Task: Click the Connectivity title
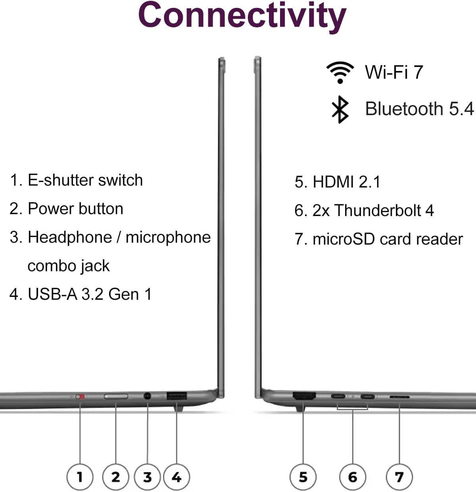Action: pyautogui.click(x=242, y=16)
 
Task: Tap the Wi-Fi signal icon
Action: pyautogui.click(x=340, y=73)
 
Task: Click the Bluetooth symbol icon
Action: pyautogui.click(x=340, y=109)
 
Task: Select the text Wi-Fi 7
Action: pyautogui.click(x=394, y=73)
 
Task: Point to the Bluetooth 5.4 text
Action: pyautogui.click(x=419, y=109)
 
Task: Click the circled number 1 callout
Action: pyautogui.click(x=80, y=477)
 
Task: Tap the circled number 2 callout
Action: pyautogui.click(x=115, y=477)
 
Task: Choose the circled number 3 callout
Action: pyautogui.click(x=147, y=477)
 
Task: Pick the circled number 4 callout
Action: pyautogui.click(x=177, y=477)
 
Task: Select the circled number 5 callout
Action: pyautogui.click(x=303, y=477)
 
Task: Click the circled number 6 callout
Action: pyautogui.click(x=353, y=477)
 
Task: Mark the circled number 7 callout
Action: pyautogui.click(x=399, y=477)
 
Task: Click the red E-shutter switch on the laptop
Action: pyautogui.click(x=81, y=396)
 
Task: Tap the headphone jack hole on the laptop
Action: pyautogui.click(x=147, y=396)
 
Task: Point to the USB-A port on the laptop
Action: pyautogui.click(x=177, y=395)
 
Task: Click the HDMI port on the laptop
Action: pyautogui.click(x=304, y=395)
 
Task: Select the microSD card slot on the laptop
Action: pyautogui.click(x=399, y=396)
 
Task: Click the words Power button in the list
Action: pyautogui.click(x=75, y=209)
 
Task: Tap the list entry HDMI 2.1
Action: pyautogui.click(x=338, y=182)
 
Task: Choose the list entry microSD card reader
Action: pyautogui.click(x=379, y=239)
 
